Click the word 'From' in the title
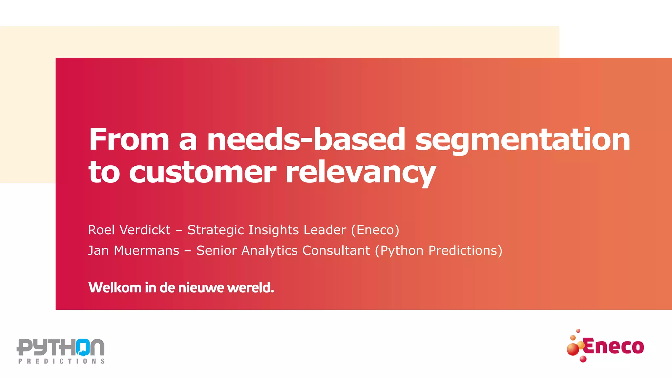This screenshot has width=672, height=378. [x=129, y=139]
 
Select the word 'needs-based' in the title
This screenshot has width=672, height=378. [x=306, y=139]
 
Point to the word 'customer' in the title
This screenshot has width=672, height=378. [x=202, y=172]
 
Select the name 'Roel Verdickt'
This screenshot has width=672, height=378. [x=129, y=230]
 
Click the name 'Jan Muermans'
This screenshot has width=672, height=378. [x=134, y=251]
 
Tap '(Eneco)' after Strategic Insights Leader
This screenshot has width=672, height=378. [x=375, y=230]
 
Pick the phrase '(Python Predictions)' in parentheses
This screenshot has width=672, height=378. [x=439, y=251]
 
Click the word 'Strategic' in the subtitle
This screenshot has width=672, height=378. [x=216, y=230]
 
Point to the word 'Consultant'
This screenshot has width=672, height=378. [x=336, y=251]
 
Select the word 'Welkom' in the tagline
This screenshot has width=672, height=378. [x=115, y=288]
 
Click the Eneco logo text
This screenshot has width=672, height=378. [x=614, y=346]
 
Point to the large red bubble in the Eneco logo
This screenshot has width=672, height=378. [x=573, y=349]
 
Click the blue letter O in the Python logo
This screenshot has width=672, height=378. [x=83, y=347]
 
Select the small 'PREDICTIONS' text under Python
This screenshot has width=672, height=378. [x=61, y=361]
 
